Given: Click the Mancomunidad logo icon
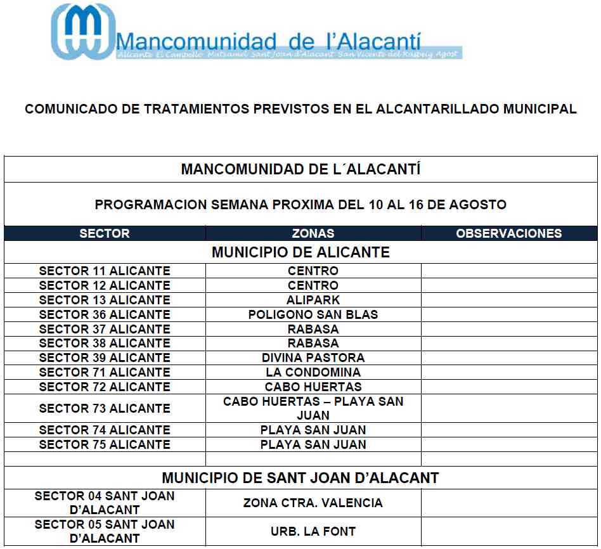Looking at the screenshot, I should point(84,32).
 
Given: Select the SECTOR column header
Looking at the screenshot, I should point(105,233).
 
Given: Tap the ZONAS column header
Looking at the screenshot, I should point(313,233).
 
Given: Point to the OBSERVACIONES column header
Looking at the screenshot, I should point(509,233).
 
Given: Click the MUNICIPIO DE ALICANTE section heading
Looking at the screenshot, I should point(300,252).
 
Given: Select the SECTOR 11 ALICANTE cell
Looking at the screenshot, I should point(105,271).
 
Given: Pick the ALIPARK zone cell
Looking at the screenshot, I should point(313,300).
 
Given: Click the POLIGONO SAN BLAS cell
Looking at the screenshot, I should point(313,314).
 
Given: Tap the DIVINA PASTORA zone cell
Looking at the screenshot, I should point(313,358).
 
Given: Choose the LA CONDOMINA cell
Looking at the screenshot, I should point(313,372).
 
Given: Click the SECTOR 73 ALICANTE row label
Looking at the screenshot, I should point(105,408).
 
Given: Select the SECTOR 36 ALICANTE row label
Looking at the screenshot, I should point(105,314).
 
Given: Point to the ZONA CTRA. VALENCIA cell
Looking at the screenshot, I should point(313,503).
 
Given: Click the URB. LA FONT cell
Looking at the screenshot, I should point(313,532).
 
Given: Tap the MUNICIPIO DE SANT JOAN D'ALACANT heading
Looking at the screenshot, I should point(300,478).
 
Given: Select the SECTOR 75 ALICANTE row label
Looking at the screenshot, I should point(105,444).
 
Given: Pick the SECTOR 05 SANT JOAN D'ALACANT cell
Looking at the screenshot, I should point(105,532).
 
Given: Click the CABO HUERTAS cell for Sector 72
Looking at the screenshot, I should point(313,387).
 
